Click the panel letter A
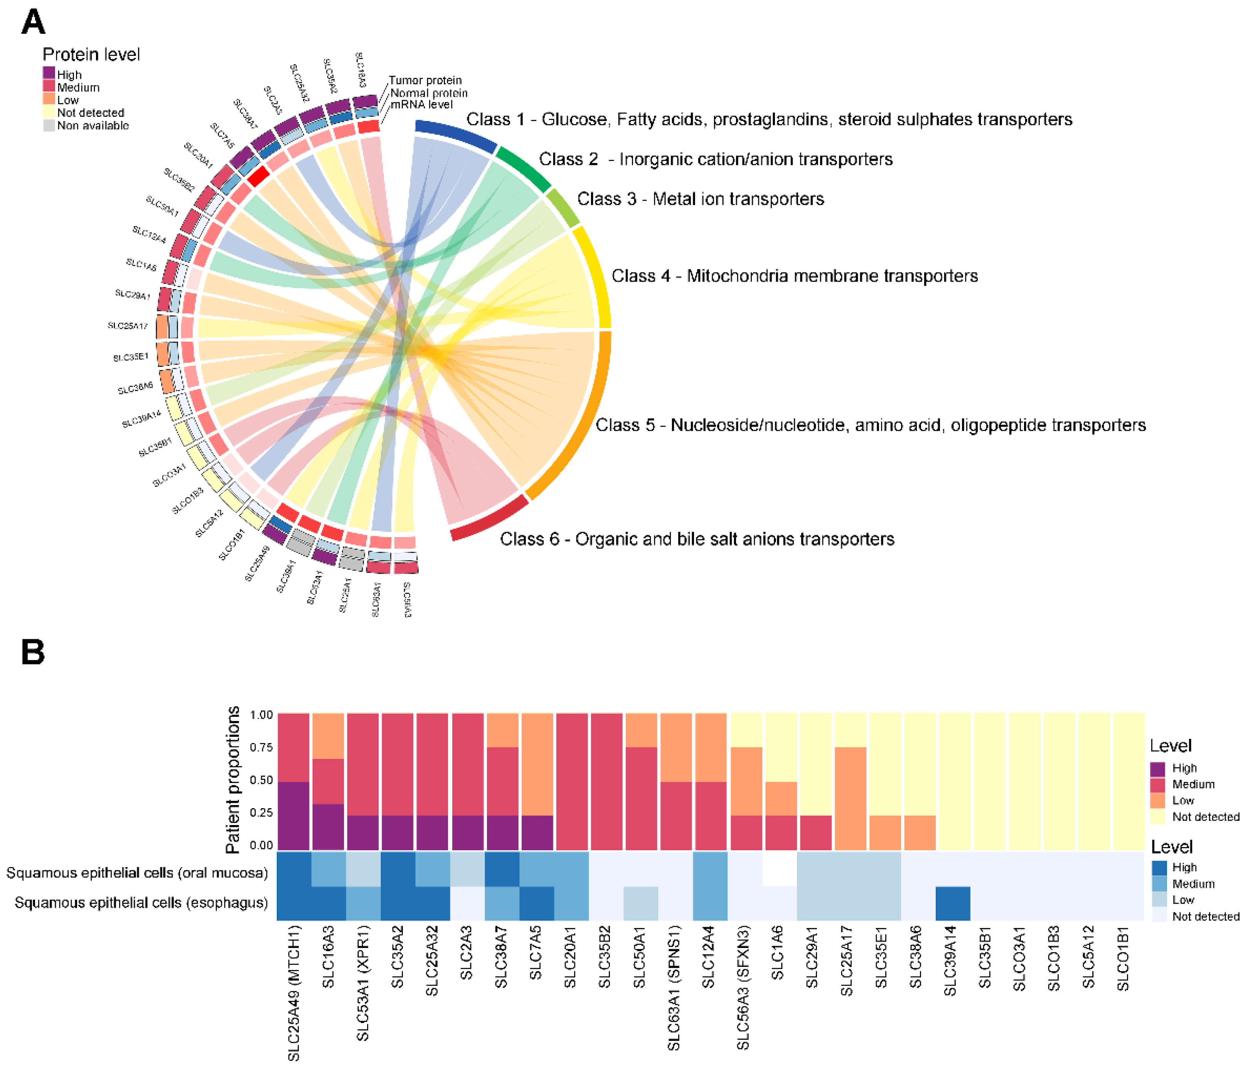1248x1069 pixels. [x=33, y=22]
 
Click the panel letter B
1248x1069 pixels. [x=33, y=652]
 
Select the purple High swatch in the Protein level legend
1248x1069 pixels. [x=49, y=73]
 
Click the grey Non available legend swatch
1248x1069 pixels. [x=49, y=125]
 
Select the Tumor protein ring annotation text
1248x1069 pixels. [x=425, y=80]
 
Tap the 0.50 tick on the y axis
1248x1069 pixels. [x=261, y=780]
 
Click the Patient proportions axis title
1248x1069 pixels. [x=232, y=780]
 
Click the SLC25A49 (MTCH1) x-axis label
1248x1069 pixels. [x=293, y=993]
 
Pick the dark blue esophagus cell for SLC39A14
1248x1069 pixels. [x=953, y=903]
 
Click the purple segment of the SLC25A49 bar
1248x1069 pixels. [x=293, y=815]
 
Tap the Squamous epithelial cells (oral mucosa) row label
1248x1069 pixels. [x=137, y=873]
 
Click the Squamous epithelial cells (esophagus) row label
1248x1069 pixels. [x=141, y=903]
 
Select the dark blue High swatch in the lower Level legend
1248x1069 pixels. [x=1159, y=867]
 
